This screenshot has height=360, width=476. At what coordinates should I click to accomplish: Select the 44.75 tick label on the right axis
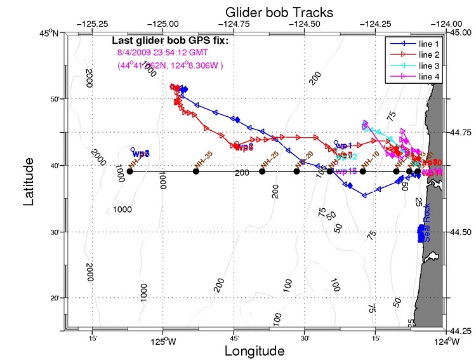pos(461,133)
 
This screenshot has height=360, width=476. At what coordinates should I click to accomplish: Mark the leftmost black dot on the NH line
pos(129,171)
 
